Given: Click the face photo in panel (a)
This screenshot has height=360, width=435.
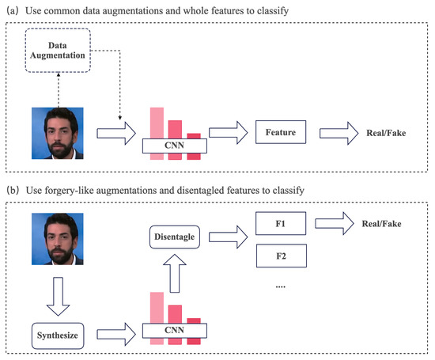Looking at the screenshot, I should (x=57, y=132).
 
